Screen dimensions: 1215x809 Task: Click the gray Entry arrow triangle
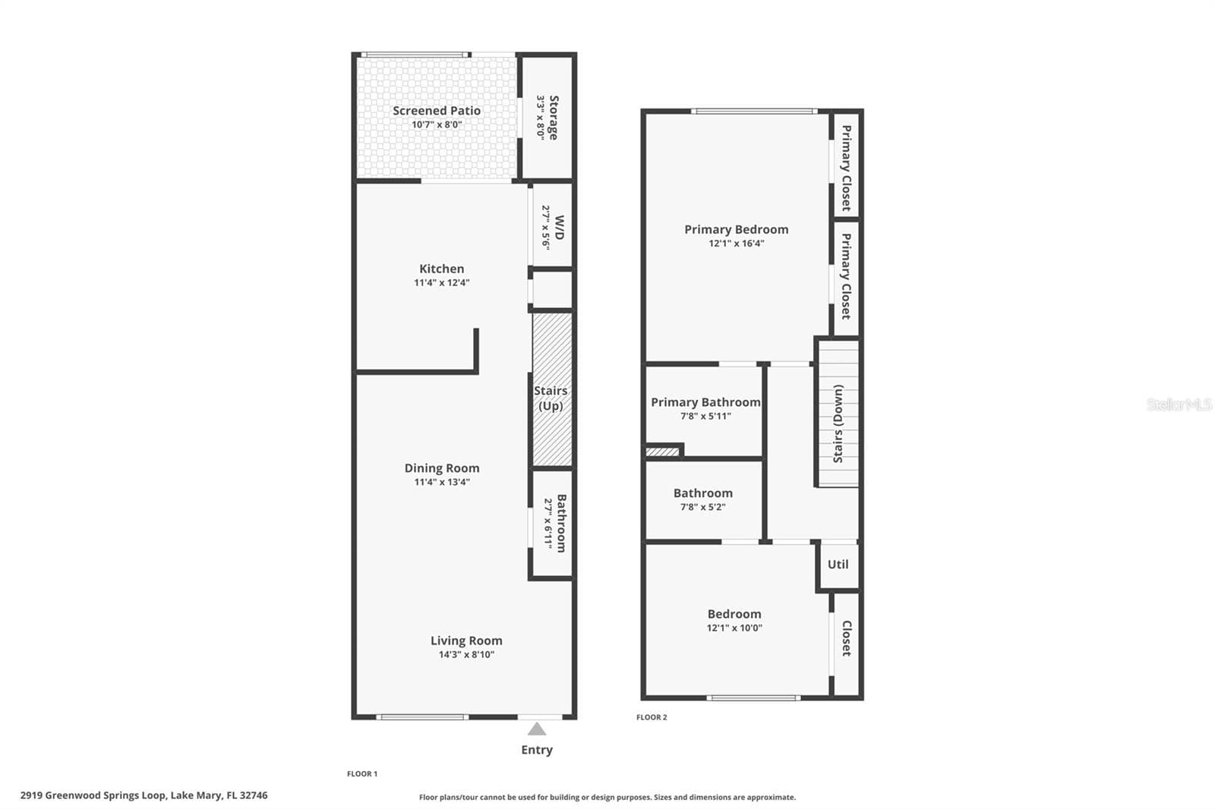[x=536, y=729]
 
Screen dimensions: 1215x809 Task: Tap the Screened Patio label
[x=437, y=111]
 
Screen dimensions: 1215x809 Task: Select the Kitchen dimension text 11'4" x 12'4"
[x=441, y=282]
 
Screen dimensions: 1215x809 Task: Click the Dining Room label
[x=442, y=468]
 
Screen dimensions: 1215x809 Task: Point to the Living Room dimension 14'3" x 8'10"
[x=466, y=654]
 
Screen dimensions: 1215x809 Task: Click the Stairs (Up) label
[x=551, y=398]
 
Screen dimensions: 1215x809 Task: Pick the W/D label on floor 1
[x=559, y=227]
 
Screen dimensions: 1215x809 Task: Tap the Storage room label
[x=554, y=118]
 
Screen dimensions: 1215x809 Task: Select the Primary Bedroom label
[x=736, y=229]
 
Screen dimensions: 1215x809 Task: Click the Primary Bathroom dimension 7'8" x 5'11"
[x=705, y=417]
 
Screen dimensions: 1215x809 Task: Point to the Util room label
[x=838, y=565]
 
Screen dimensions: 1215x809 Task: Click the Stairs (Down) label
[x=838, y=424]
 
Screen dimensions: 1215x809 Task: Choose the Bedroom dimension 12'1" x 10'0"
[x=734, y=628]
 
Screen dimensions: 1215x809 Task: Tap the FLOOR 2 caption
[x=652, y=717]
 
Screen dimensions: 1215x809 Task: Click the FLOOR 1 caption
[x=362, y=774]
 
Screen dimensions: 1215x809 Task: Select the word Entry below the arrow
[x=537, y=750]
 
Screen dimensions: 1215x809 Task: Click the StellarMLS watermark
[x=1179, y=404]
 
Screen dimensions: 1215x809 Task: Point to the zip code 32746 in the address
[x=254, y=795]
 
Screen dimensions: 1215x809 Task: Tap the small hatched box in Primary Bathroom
[x=662, y=451]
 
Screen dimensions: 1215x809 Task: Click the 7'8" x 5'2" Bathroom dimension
[x=703, y=508]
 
